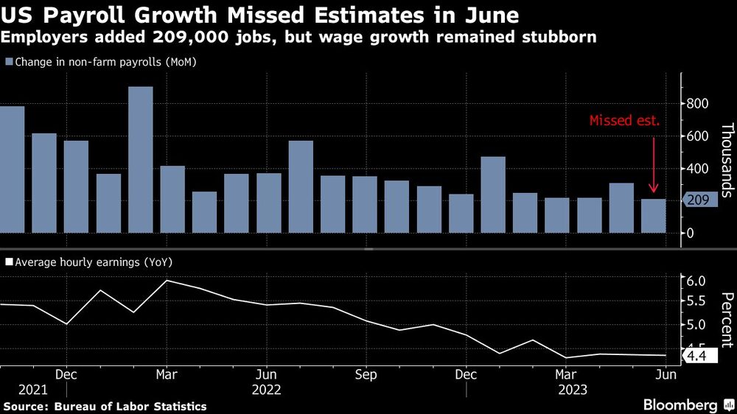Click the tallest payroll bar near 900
tap(141, 159)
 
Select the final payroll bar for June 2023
tap(654, 216)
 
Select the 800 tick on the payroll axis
tap(698, 104)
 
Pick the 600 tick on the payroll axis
tap(698, 136)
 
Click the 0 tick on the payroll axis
tap(691, 233)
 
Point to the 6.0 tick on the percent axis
tap(696, 281)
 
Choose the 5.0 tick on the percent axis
tap(696, 325)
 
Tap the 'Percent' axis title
tap(725, 319)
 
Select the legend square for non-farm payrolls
tap(8, 63)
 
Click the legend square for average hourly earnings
tap(8, 261)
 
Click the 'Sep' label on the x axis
tap(366, 374)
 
